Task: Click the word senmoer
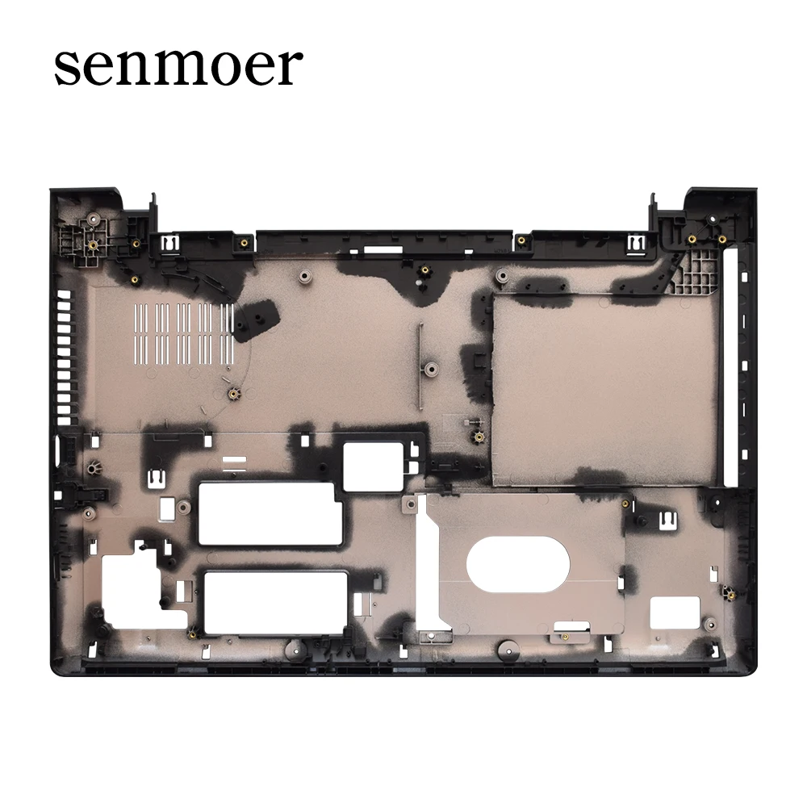(x=178, y=67)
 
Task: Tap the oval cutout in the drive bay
(x=517, y=561)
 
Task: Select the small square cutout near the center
(x=371, y=465)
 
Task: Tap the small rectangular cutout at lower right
(x=673, y=613)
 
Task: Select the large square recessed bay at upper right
(x=604, y=389)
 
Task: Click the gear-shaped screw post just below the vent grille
(x=234, y=393)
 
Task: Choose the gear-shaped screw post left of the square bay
(x=478, y=437)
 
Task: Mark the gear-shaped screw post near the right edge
(x=728, y=595)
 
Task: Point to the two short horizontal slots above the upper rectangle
(x=233, y=462)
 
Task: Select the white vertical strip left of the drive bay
(x=421, y=565)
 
